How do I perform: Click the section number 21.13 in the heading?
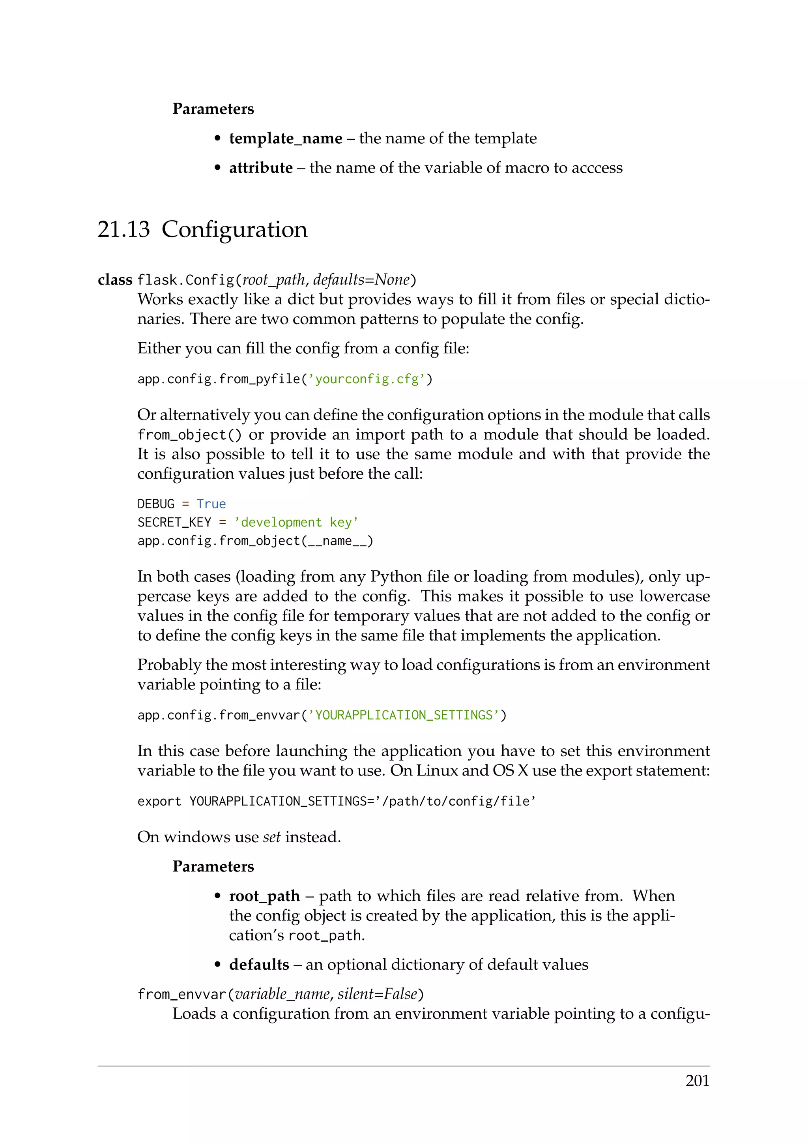(123, 229)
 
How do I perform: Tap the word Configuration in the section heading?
(234, 229)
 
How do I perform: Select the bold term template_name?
(286, 139)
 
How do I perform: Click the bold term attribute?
(261, 168)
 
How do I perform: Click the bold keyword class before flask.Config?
(115, 280)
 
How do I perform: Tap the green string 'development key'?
(296, 522)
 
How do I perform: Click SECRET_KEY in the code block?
(174, 522)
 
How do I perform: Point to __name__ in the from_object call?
(337, 541)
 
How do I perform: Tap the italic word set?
(272, 837)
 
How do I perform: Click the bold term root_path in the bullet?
(264, 896)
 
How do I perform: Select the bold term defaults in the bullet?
(259, 964)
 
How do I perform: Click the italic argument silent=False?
(377, 994)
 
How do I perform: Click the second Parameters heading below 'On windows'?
(213, 866)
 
